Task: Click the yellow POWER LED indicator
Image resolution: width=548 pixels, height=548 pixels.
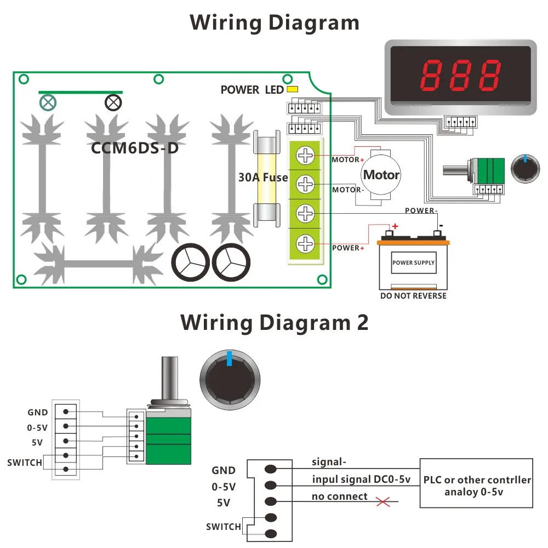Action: [x=292, y=89]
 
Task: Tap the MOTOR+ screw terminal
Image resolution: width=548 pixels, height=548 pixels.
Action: [x=305, y=156]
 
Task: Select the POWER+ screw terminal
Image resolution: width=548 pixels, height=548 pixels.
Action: [x=305, y=244]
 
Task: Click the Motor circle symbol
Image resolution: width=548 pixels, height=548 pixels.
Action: [x=381, y=174]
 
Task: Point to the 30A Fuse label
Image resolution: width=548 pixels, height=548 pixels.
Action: [x=263, y=177]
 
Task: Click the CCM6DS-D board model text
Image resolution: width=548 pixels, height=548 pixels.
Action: [x=135, y=148]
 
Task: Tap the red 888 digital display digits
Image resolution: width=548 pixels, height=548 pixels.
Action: [x=460, y=75]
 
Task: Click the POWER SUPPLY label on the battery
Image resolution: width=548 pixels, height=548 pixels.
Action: [x=413, y=262]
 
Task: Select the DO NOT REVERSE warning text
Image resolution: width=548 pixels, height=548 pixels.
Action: [x=413, y=296]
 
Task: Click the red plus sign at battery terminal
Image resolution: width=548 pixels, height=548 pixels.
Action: [x=395, y=226]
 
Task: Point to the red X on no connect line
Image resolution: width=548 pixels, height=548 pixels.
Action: [x=383, y=502]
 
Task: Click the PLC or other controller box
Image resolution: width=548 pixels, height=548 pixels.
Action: [x=476, y=483]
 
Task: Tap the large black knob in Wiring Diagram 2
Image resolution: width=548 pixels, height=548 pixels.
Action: [x=230, y=380]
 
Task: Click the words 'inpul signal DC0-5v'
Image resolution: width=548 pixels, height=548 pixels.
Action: [x=361, y=479]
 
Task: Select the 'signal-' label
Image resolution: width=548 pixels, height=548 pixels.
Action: [x=329, y=462]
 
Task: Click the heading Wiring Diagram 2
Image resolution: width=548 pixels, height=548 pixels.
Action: [x=275, y=322]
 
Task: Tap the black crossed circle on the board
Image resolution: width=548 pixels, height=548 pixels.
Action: [x=113, y=103]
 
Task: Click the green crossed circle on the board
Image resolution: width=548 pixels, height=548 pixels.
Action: [x=48, y=103]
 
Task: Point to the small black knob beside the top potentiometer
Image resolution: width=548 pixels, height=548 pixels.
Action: [x=525, y=169]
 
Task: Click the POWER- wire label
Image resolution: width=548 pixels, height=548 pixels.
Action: [x=421, y=210]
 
